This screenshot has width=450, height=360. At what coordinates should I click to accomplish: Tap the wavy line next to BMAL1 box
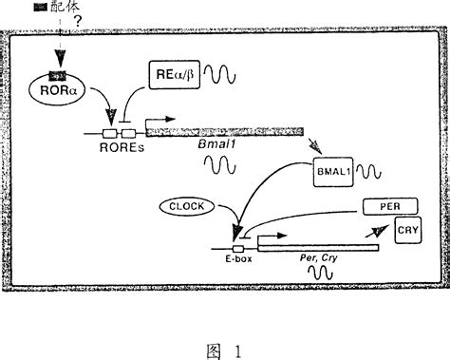(x=371, y=173)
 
